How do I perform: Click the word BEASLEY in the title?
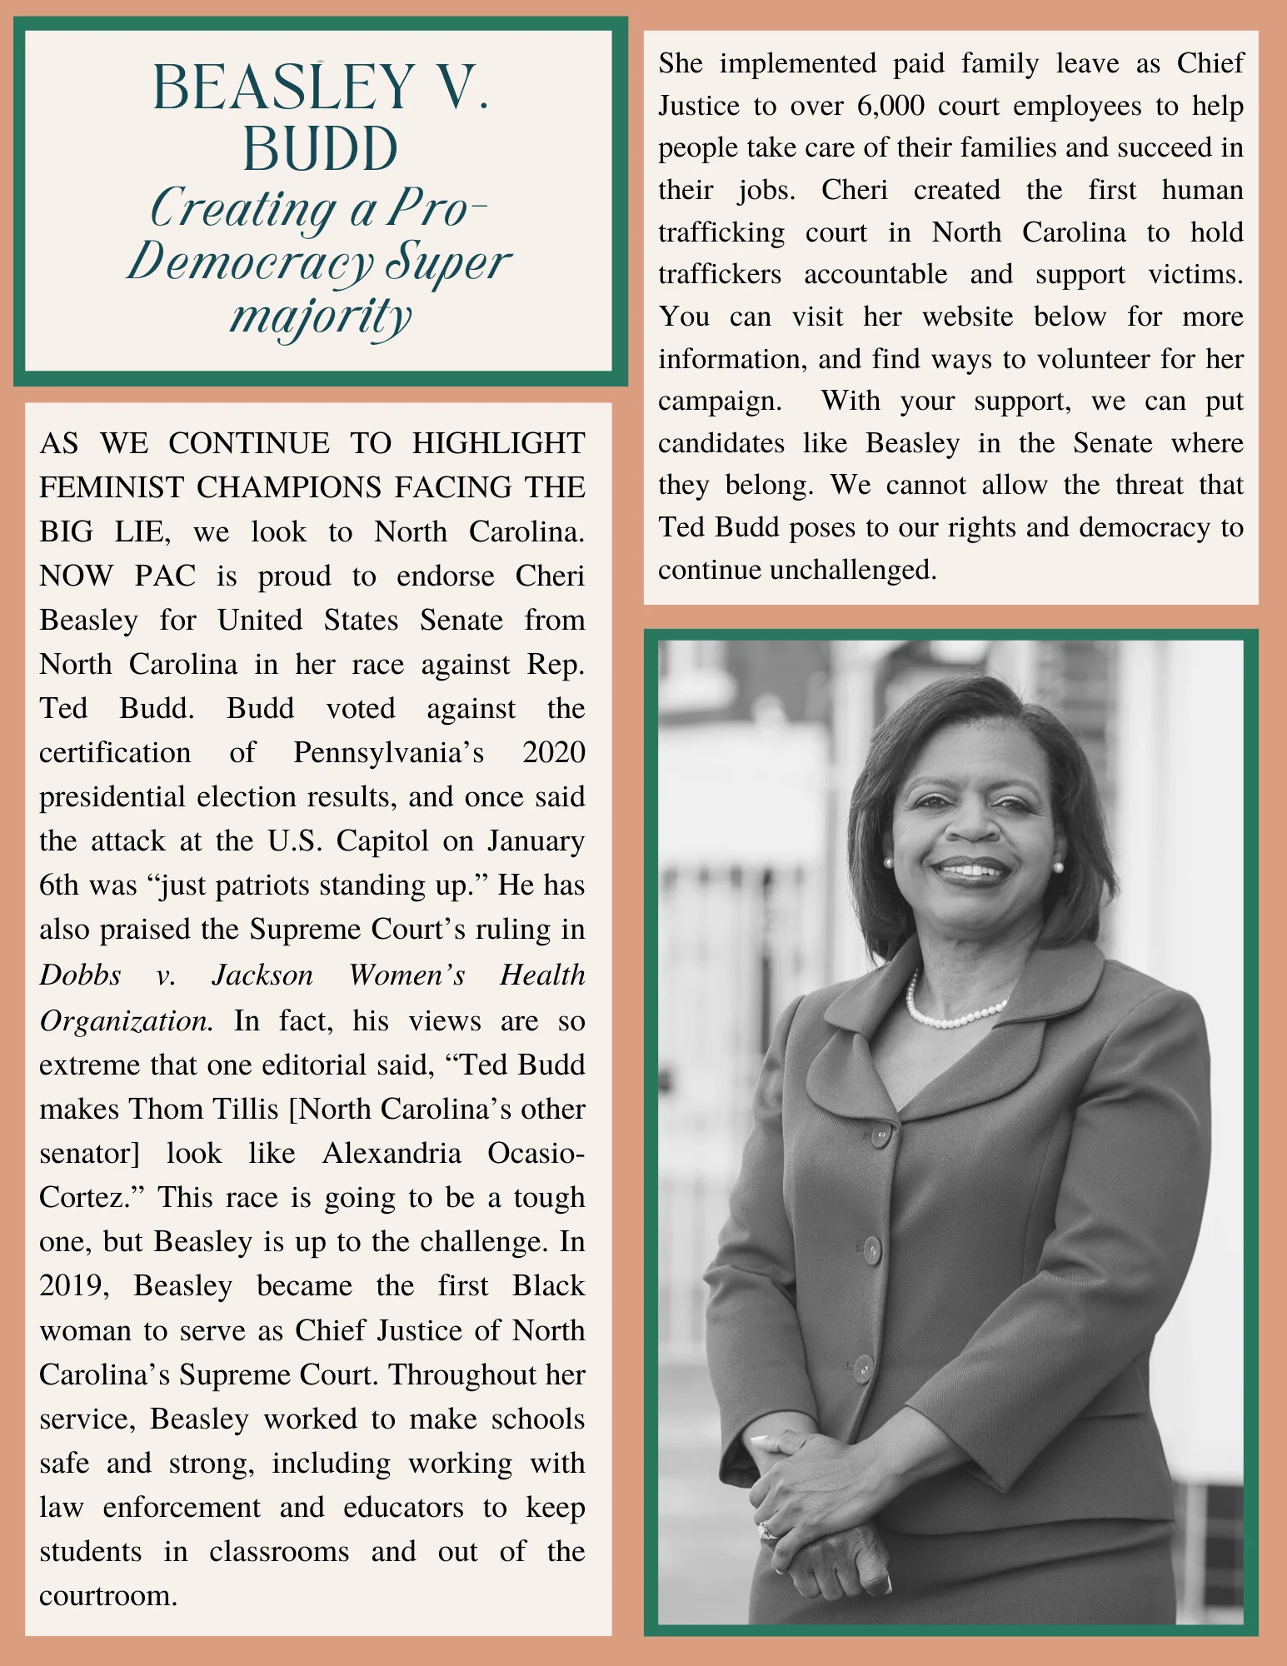283,87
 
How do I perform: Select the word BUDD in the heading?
320,149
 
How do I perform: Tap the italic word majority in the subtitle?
321,317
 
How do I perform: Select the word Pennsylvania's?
388,752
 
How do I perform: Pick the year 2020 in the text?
553,752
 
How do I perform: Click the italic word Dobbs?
80,975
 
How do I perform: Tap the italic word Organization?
126,1020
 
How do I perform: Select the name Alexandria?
392,1153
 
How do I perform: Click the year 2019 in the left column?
73,1285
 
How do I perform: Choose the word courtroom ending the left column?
108,1595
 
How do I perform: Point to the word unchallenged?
853,570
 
